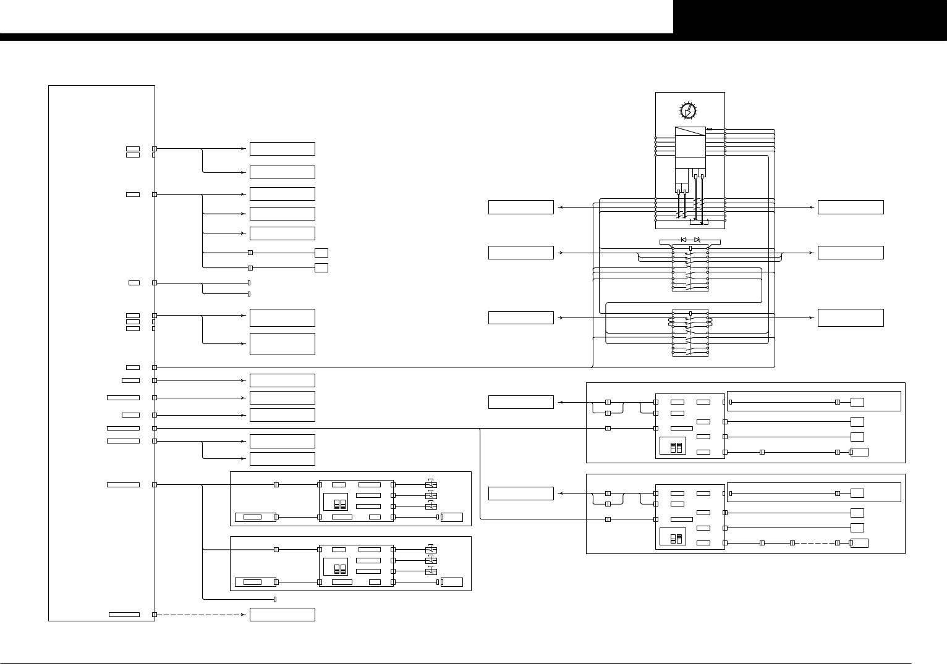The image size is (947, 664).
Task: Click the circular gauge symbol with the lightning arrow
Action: click(x=688, y=111)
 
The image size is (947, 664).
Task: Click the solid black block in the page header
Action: click(x=810, y=17)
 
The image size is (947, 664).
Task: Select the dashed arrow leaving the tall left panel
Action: click(x=201, y=615)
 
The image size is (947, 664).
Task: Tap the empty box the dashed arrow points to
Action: click(x=282, y=615)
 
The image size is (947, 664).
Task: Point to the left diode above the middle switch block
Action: click(x=684, y=240)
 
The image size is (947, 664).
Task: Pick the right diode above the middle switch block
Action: click(x=697, y=240)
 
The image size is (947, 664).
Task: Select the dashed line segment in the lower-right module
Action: click(x=815, y=543)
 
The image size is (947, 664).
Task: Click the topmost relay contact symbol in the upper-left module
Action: click(x=431, y=484)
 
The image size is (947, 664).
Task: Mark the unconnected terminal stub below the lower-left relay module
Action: click(x=274, y=599)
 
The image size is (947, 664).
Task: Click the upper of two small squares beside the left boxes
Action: click(x=321, y=253)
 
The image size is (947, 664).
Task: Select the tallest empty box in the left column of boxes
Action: click(x=282, y=344)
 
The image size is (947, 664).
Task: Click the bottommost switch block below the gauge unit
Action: click(x=690, y=333)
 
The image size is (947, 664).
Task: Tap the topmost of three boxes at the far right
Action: click(x=850, y=207)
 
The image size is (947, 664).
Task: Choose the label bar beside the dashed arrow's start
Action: click(x=124, y=615)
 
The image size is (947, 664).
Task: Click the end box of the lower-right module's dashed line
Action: click(x=859, y=543)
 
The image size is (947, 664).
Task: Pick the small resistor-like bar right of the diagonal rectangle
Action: click(x=710, y=129)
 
